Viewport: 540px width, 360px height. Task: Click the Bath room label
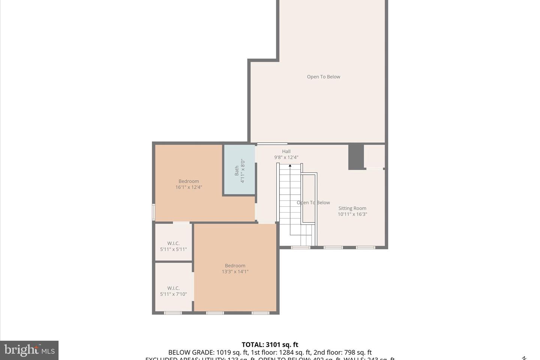237,171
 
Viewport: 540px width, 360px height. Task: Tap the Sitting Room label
352,208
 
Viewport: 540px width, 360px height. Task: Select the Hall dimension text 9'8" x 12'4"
286,157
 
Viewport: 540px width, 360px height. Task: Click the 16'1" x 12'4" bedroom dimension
189,187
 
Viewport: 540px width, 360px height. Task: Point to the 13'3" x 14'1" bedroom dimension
235,271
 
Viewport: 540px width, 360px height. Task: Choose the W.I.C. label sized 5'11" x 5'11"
173,243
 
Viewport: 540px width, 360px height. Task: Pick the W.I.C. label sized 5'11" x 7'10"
173,288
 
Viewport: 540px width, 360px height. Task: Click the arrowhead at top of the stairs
290,165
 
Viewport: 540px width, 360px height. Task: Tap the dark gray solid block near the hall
356,157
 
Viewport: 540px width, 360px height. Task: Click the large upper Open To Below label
323,77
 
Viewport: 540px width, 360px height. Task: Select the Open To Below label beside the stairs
313,202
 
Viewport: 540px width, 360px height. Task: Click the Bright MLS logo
29,350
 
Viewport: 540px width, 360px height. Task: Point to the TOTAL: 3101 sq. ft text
270,345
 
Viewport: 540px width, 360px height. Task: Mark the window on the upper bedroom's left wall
153,211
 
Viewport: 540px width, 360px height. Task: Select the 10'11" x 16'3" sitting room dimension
352,214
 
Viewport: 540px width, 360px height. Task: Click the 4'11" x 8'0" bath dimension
243,171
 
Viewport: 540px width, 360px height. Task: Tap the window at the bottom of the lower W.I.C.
173,313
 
